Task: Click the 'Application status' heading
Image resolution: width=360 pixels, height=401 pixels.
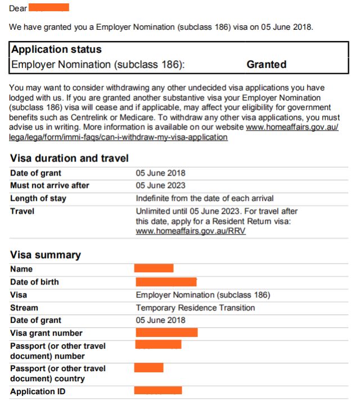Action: [56, 49]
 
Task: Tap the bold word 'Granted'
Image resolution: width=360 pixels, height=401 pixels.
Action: [266, 65]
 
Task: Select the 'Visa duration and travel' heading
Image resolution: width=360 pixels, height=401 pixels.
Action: [69, 159]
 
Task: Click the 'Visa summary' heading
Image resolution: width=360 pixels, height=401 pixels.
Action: [46, 255]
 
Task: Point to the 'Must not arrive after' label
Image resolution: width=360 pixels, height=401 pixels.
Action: [49, 186]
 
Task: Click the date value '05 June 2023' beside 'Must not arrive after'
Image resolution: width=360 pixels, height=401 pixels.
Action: [160, 186]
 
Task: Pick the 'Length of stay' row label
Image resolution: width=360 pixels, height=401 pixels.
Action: [38, 199]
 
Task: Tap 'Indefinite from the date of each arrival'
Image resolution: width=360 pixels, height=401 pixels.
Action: [205, 199]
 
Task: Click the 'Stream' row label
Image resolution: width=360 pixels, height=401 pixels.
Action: [24, 308]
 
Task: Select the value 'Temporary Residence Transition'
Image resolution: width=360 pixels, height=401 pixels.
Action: [195, 308]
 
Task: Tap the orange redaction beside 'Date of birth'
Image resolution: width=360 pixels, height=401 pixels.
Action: [166, 281]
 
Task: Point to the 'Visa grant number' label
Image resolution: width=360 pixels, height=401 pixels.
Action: [46, 334]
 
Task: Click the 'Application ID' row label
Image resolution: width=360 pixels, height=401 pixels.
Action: [38, 391]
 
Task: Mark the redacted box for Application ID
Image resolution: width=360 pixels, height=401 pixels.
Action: [158, 390]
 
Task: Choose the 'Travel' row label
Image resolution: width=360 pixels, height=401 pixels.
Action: [22, 211]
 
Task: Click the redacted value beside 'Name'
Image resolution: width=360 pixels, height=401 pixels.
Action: [154, 268]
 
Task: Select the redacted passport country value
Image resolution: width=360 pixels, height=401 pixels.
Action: [148, 368]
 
